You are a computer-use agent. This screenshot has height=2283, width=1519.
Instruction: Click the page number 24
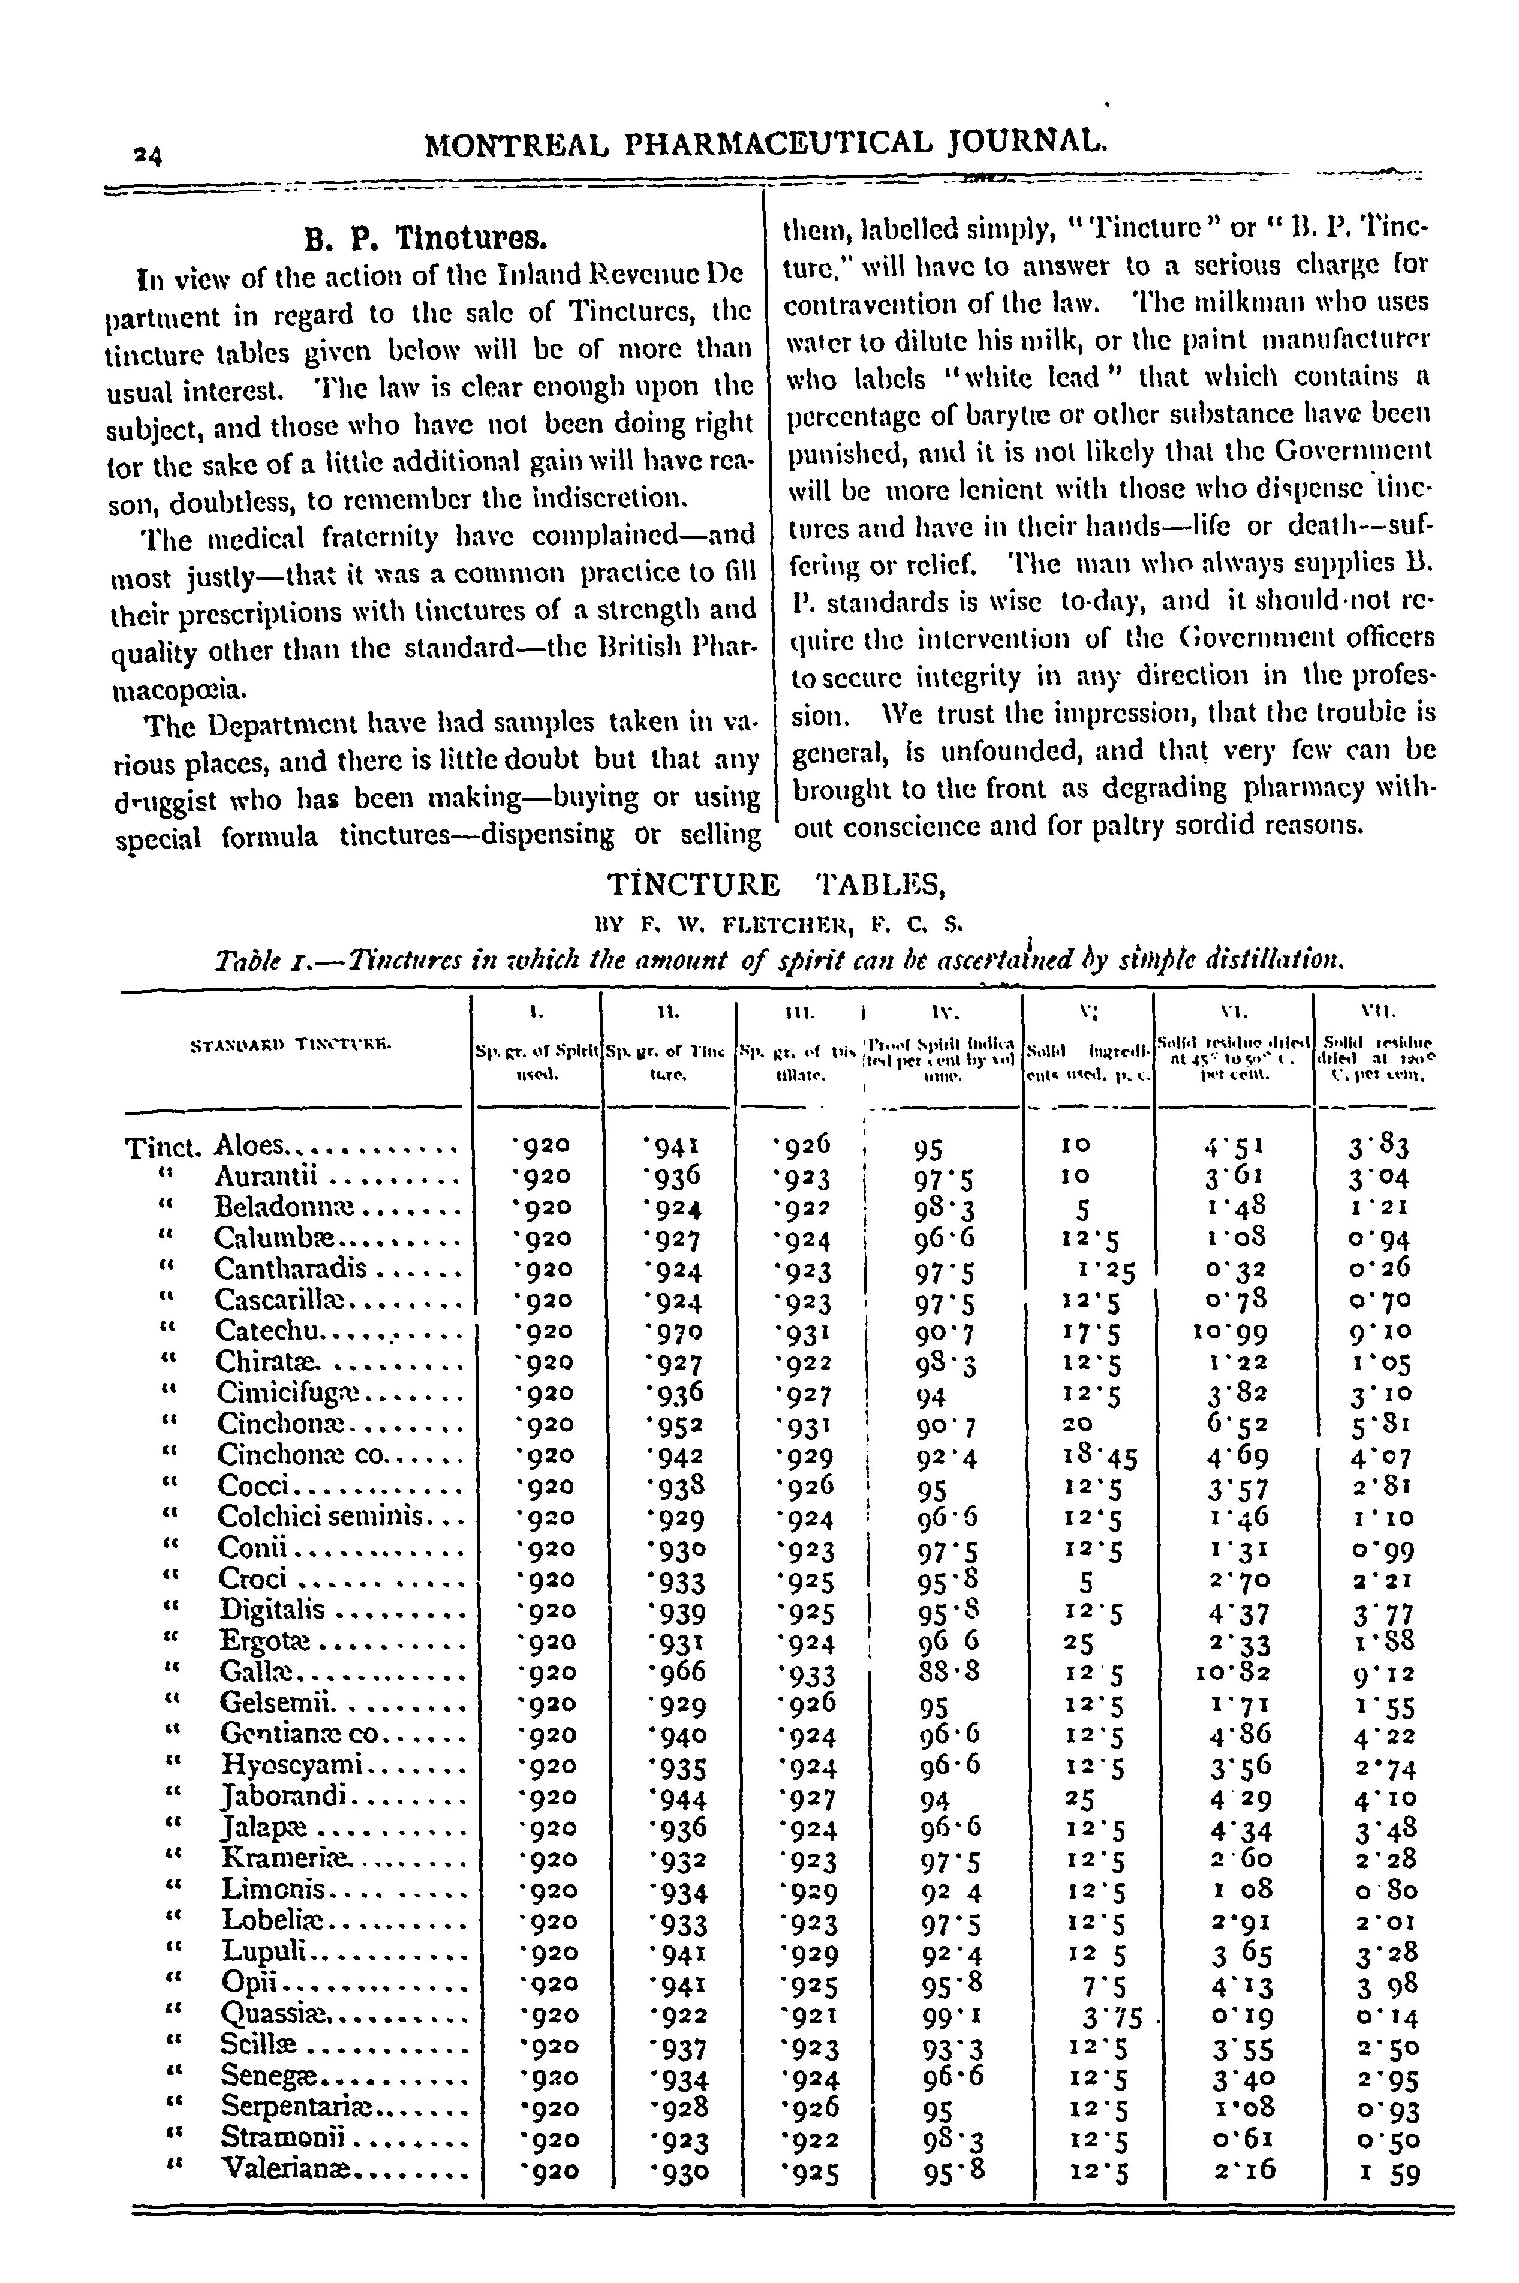150,155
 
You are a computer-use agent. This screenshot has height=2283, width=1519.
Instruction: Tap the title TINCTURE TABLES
775,885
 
